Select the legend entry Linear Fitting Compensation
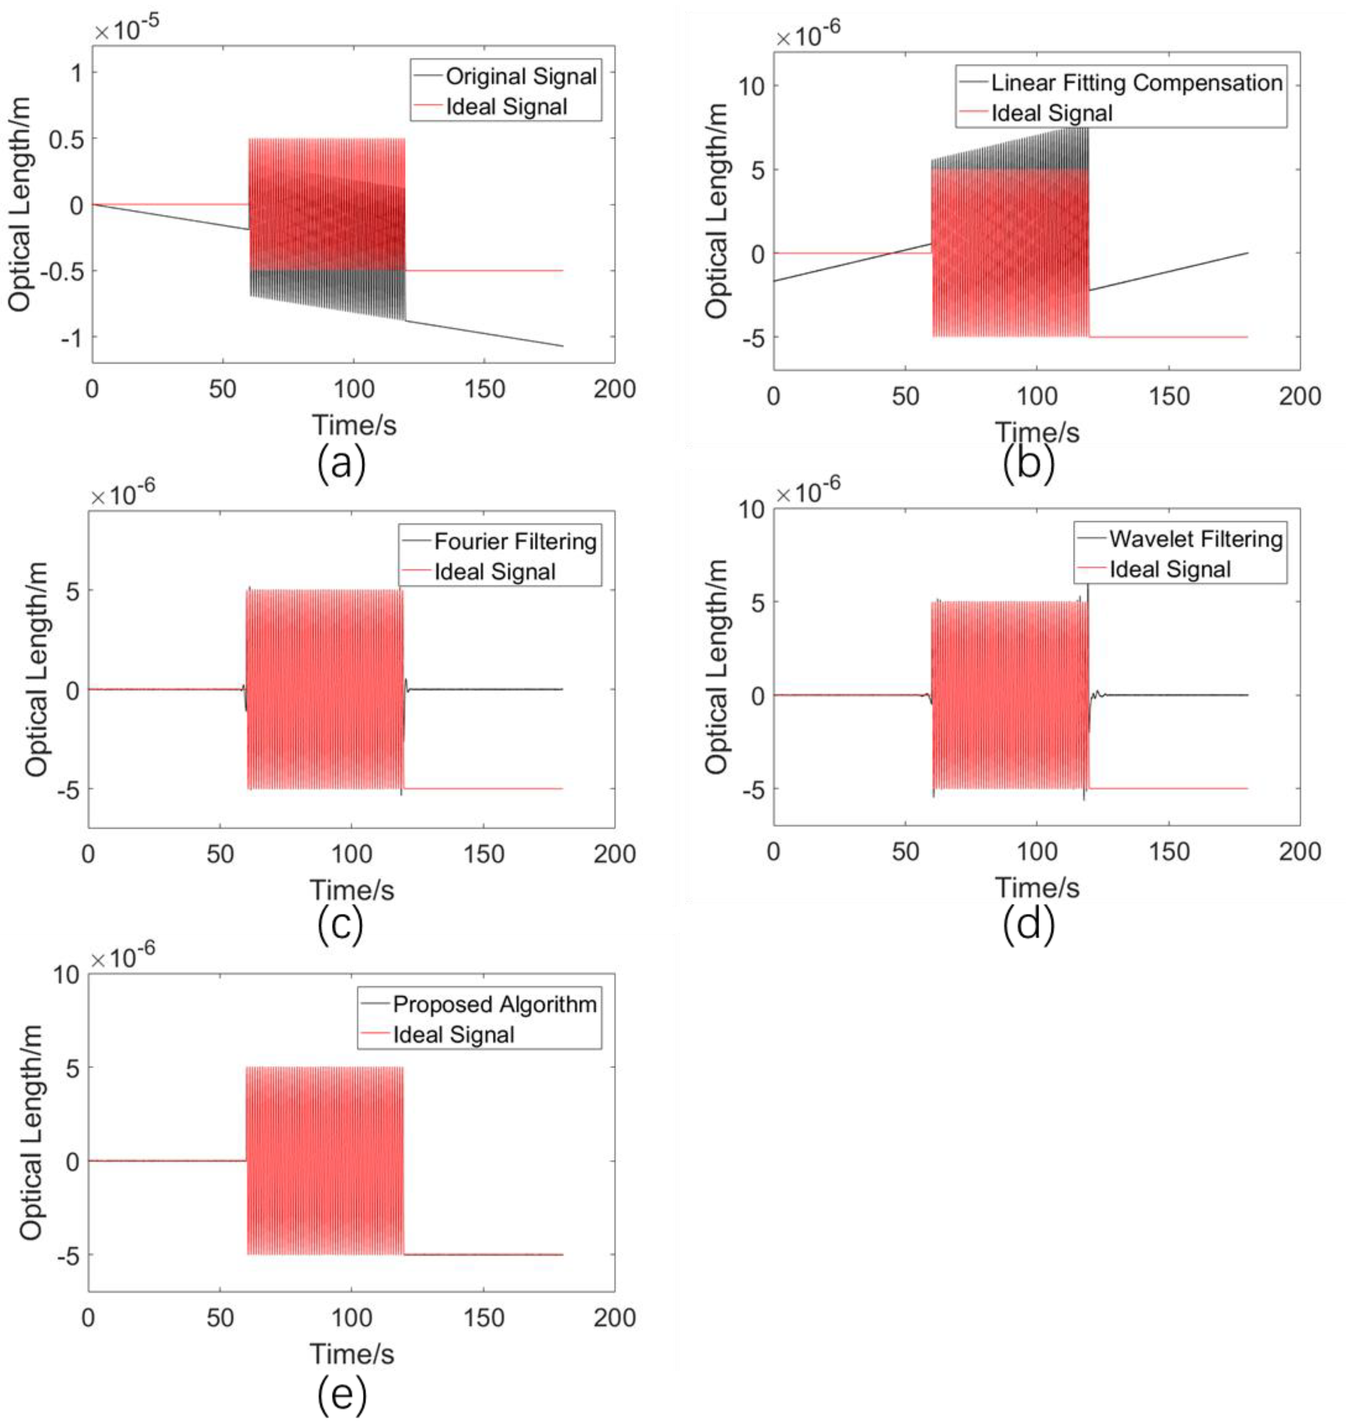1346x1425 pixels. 1136,83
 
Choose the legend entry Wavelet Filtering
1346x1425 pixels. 1195,539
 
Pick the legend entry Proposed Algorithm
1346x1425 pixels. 494,1004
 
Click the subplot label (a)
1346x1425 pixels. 341,463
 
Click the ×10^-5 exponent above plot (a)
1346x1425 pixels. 126,30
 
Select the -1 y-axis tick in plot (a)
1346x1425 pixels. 71,337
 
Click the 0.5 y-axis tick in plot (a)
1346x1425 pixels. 65,139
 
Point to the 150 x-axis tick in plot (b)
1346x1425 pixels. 1169,396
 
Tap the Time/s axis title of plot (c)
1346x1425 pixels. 351,890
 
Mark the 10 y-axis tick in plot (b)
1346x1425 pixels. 752,85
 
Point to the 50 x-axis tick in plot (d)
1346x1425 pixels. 905,852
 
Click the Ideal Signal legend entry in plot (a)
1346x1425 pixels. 506,107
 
